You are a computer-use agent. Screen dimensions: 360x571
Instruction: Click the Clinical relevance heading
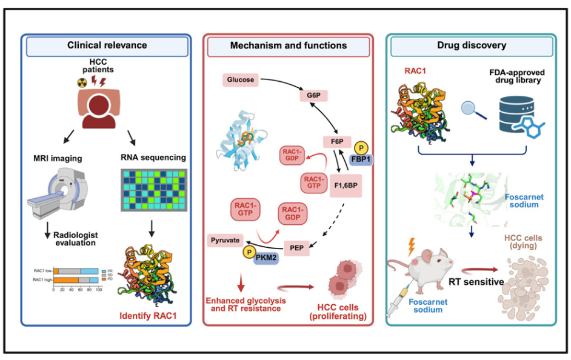click(107, 46)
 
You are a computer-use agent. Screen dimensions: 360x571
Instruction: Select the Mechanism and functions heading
click(289, 46)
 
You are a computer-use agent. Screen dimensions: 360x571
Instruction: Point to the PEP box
click(298, 247)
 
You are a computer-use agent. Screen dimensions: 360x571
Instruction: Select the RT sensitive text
click(476, 281)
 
